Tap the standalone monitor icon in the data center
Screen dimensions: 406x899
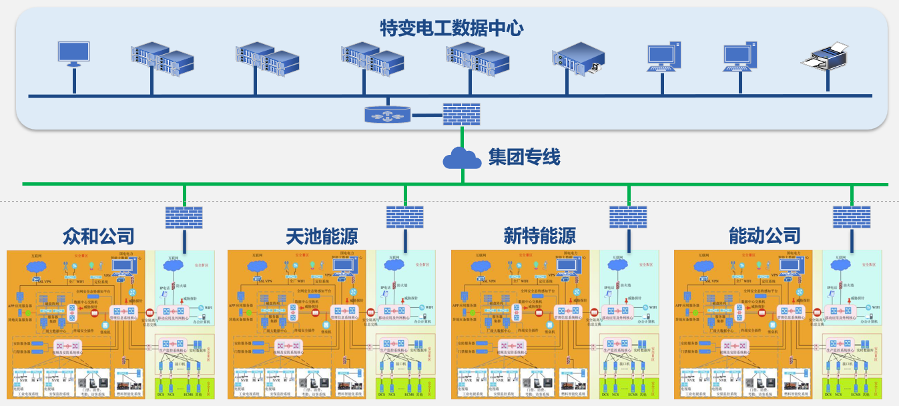pos(73,54)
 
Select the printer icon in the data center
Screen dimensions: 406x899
pos(826,57)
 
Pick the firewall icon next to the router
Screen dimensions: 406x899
pos(461,114)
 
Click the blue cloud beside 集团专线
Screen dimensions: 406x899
pos(462,158)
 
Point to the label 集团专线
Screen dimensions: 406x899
pos(524,158)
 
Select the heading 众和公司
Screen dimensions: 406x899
pos(99,236)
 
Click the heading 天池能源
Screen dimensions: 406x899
pos(321,236)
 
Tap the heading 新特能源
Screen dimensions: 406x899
pos(539,236)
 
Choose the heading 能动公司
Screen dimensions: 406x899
pos(764,236)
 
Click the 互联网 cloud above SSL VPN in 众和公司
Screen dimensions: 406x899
pos(37,266)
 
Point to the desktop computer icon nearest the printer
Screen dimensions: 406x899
pos(741,57)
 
